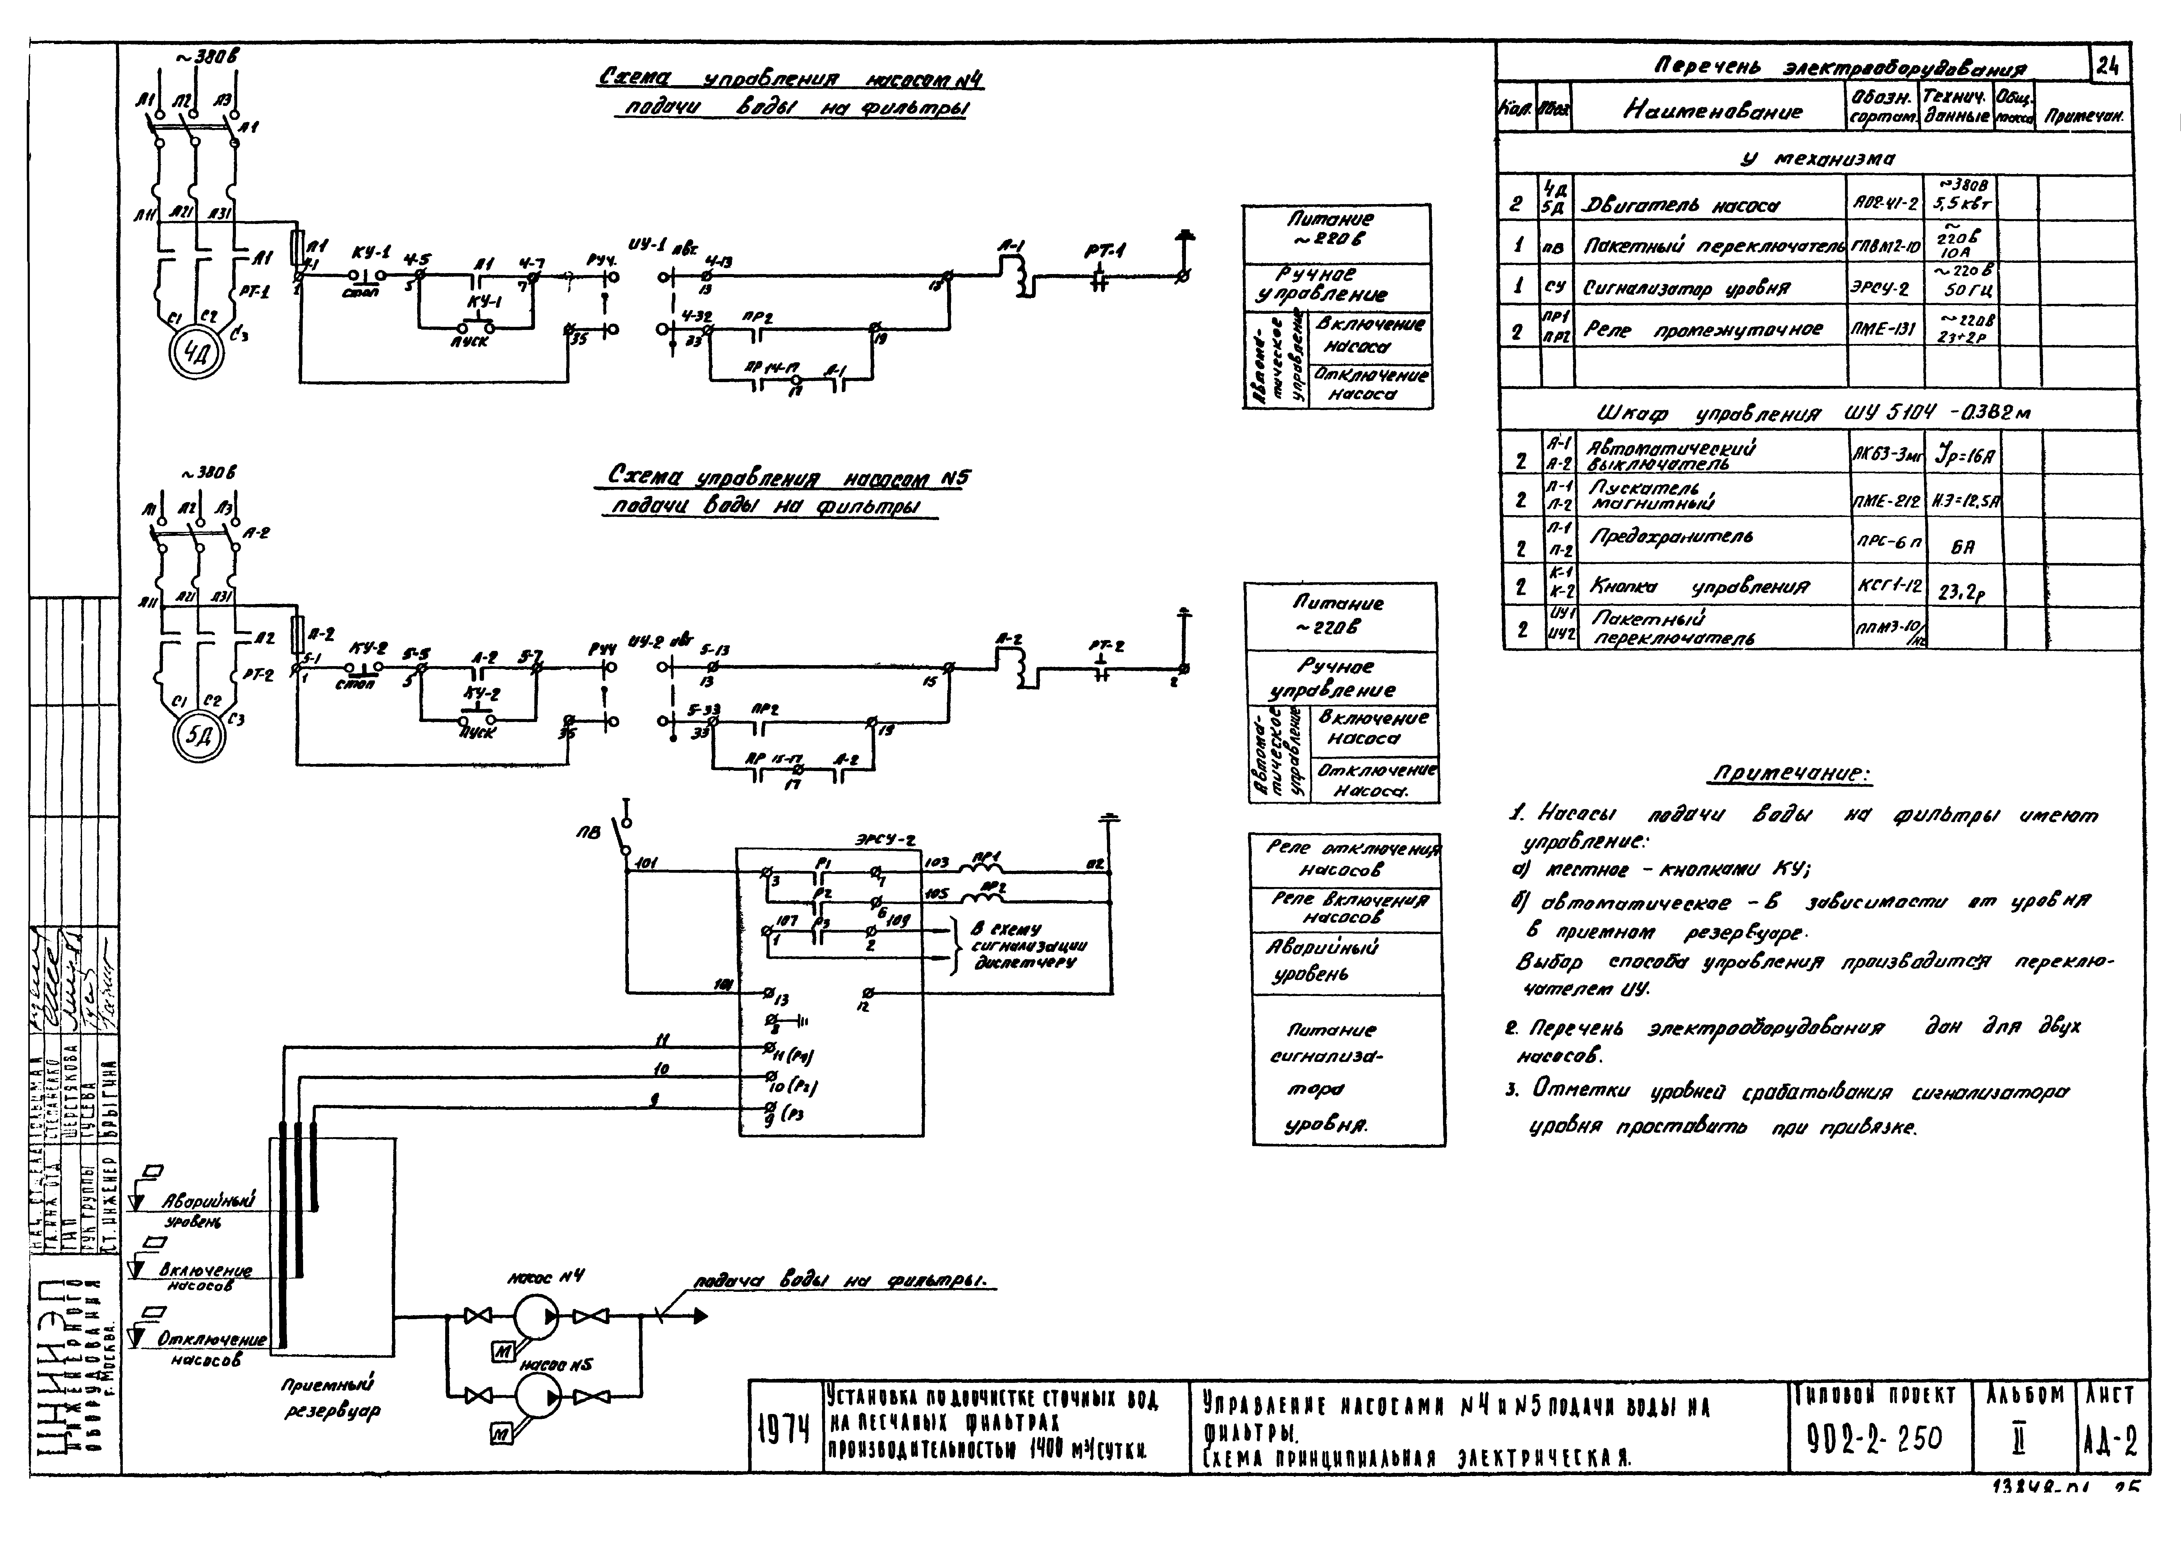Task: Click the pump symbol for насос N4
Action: coord(537,1316)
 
